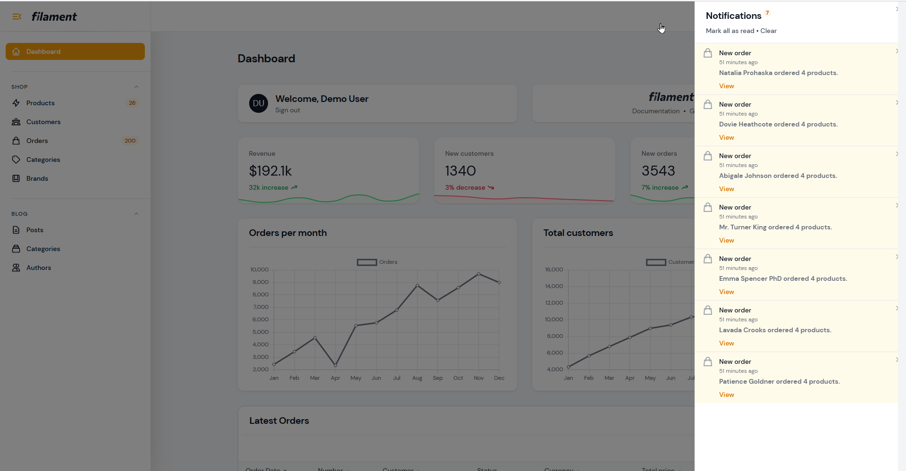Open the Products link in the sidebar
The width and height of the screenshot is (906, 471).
pos(40,103)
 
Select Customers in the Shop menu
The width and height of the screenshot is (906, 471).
pos(43,122)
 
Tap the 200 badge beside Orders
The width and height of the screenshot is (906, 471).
pos(130,141)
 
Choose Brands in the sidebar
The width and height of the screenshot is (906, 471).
pos(37,178)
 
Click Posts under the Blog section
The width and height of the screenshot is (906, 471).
pos(35,230)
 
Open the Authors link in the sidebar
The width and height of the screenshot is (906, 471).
pos(39,268)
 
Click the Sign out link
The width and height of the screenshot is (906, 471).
pos(287,110)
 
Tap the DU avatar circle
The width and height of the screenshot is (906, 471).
pos(259,103)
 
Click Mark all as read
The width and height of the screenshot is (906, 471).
pos(730,31)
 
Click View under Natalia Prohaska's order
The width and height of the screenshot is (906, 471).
pos(726,86)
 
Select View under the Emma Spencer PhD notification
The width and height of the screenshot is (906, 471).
pos(726,292)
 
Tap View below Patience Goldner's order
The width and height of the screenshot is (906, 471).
pos(726,395)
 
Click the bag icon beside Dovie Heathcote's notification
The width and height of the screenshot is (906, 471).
pos(708,104)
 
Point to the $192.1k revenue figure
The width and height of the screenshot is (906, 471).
pos(270,170)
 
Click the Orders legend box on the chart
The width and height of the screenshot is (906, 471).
pos(367,262)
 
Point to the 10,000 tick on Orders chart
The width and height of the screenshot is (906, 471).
pos(259,269)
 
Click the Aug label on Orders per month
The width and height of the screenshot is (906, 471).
pos(417,378)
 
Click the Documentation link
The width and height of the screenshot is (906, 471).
pos(656,111)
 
